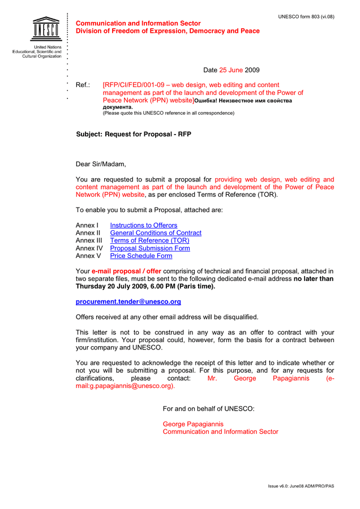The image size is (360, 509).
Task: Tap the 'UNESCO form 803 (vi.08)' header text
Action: point(306,16)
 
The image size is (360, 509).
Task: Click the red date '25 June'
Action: point(231,70)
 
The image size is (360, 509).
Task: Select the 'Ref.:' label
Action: point(83,85)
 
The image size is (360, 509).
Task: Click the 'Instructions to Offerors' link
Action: point(143,225)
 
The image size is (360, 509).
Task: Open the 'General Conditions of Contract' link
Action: point(156,233)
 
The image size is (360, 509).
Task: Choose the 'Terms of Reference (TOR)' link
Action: point(149,240)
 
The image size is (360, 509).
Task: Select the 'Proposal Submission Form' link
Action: point(150,248)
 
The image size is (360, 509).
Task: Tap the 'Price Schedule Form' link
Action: point(141,256)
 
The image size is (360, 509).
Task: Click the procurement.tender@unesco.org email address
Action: point(128,302)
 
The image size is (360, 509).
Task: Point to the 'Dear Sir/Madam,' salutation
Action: point(101,164)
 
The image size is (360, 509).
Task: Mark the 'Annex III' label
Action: point(89,240)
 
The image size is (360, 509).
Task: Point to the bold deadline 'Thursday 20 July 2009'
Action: point(117,286)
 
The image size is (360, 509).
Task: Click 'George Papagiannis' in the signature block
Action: point(193,424)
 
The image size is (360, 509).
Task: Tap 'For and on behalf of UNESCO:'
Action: point(208,408)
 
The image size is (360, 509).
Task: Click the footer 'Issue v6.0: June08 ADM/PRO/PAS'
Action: point(301,486)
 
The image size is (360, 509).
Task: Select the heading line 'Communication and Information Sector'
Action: point(138,23)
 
